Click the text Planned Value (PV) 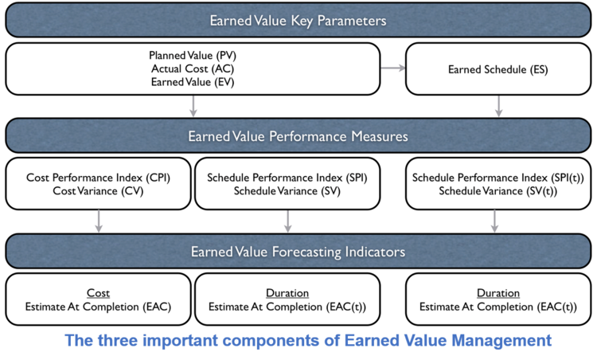pyautogui.click(x=193, y=57)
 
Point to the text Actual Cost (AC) pyautogui.click(x=193, y=69)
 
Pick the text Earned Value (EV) pyautogui.click(x=193, y=82)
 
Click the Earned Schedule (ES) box pyautogui.click(x=497, y=69)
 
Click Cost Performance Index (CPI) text pyautogui.click(x=99, y=178)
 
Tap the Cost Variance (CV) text pyautogui.click(x=99, y=191)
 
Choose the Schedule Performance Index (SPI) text pyautogui.click(x=287, y=178)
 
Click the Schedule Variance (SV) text pyautogui.click(x=287, y=191)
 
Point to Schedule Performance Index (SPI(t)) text pyautogui.click(x=498, y=178)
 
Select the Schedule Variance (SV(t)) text pyautogui.click(x=498, y=191)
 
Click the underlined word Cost pyautogui.click(x=99, y=293)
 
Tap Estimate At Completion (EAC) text pyautogui.click(x=99, y=307)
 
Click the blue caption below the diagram pyautogui.click(x=308, y=342)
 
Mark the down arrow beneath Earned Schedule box pyautogui.click(x=498, y=105)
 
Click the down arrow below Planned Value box pyautogui.click(x=193, y=105)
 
